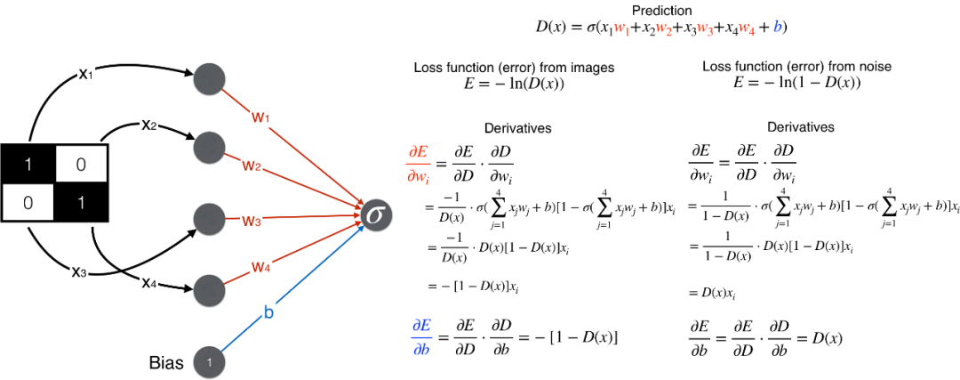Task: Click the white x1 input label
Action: coord(85,73)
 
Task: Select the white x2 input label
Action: coord(148,124)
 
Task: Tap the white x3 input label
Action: coord(79,271)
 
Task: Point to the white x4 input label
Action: coord(148,281)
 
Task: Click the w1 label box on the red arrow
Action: coord(260,116)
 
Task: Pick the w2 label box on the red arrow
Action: coord(252,165)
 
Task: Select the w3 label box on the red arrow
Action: coord(252,220)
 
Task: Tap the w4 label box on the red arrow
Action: coord(260,264)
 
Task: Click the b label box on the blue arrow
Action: coord(268,312)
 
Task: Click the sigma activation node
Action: coord(376,215)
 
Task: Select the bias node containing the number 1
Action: coord(209,361)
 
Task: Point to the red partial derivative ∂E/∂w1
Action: coord(419,165)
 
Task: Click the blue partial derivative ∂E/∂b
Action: coord(421,337)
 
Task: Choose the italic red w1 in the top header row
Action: coord(621,28)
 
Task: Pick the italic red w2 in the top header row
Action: coord(663,28)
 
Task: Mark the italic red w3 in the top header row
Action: coord(705,28)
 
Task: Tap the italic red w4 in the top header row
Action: coord(746,28)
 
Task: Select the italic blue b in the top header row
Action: coord(777,27)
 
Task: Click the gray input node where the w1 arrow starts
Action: coord(209,78)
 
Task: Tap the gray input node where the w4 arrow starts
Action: coord(209,289)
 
